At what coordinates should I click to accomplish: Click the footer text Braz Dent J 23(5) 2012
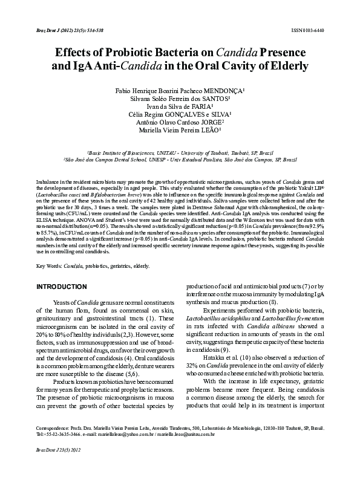(53, 467)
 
